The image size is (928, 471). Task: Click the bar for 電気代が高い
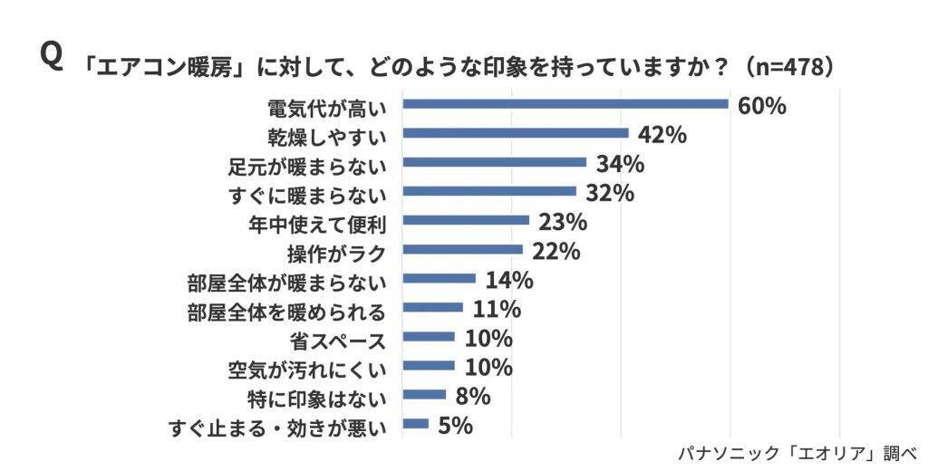pyautogui.click(x=565, y=104)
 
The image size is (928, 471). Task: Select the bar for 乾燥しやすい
pyautogui.click(x=516, y=133)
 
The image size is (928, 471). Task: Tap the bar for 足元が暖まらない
pyautogui.click(x=495, y=162)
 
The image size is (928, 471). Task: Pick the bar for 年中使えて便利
pyautogui.click(x=466, y=220)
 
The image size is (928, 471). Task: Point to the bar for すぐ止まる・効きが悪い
pyautogui.click(x=416, y=423)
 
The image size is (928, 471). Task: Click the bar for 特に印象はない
pyautogui.click(x=424, y=394)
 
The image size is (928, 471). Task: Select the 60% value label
pyautogui.click(x=761, y=106)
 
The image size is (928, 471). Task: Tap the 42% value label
pyautogui.click(x=662, y=135)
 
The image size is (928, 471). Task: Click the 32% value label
pyautogui.click(x=609, y=193)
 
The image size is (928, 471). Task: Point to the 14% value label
pyautogui.click(x=508, y=280)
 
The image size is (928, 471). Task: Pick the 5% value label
pyautogui.click(x=455, y=425)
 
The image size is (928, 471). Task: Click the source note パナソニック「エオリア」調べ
pyautogui.click(x=797, y=452)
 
